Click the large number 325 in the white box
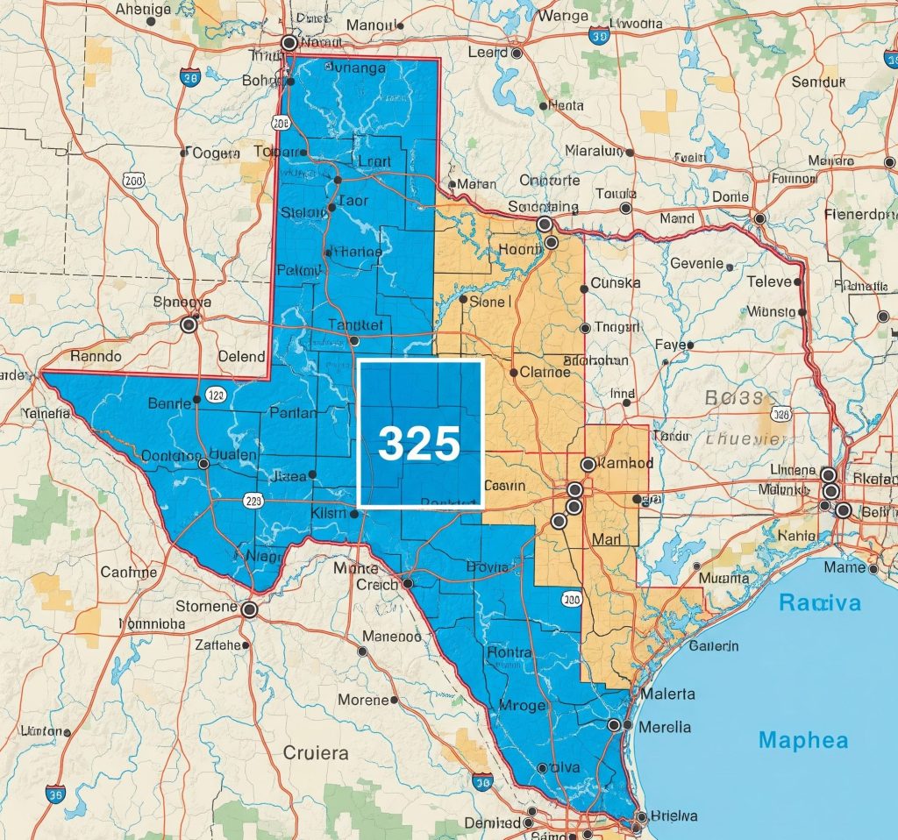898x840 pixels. pyautogui.click(x=419, y=444)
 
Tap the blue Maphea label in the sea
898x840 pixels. pyautogui.click(x=803, y=740)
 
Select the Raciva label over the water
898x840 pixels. pyautogui.click(x=820, y=603)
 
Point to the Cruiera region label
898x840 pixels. pyautogui.click(x=316, y=752)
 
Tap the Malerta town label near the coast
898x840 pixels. pyautogui.click(x=668, y=694)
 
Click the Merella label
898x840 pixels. pyautogui.click(x=665, y=727)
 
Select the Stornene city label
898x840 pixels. pyautogui.click(x=206, y=607)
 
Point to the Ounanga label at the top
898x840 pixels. pyautogui.click(x=355, y=68)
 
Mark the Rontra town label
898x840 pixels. pyautogui.click(x=510, y=652)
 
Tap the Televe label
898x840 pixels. pyautogui.click(x=769, y=281)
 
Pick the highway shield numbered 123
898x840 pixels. pyautogui.click(x=217, y=395)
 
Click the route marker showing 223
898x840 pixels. pyautogui.click(x=254, y=501)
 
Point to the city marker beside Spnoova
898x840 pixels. pyautogui.click(x=188, y=325)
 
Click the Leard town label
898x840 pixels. pyautogui.click(x=488, y=53)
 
